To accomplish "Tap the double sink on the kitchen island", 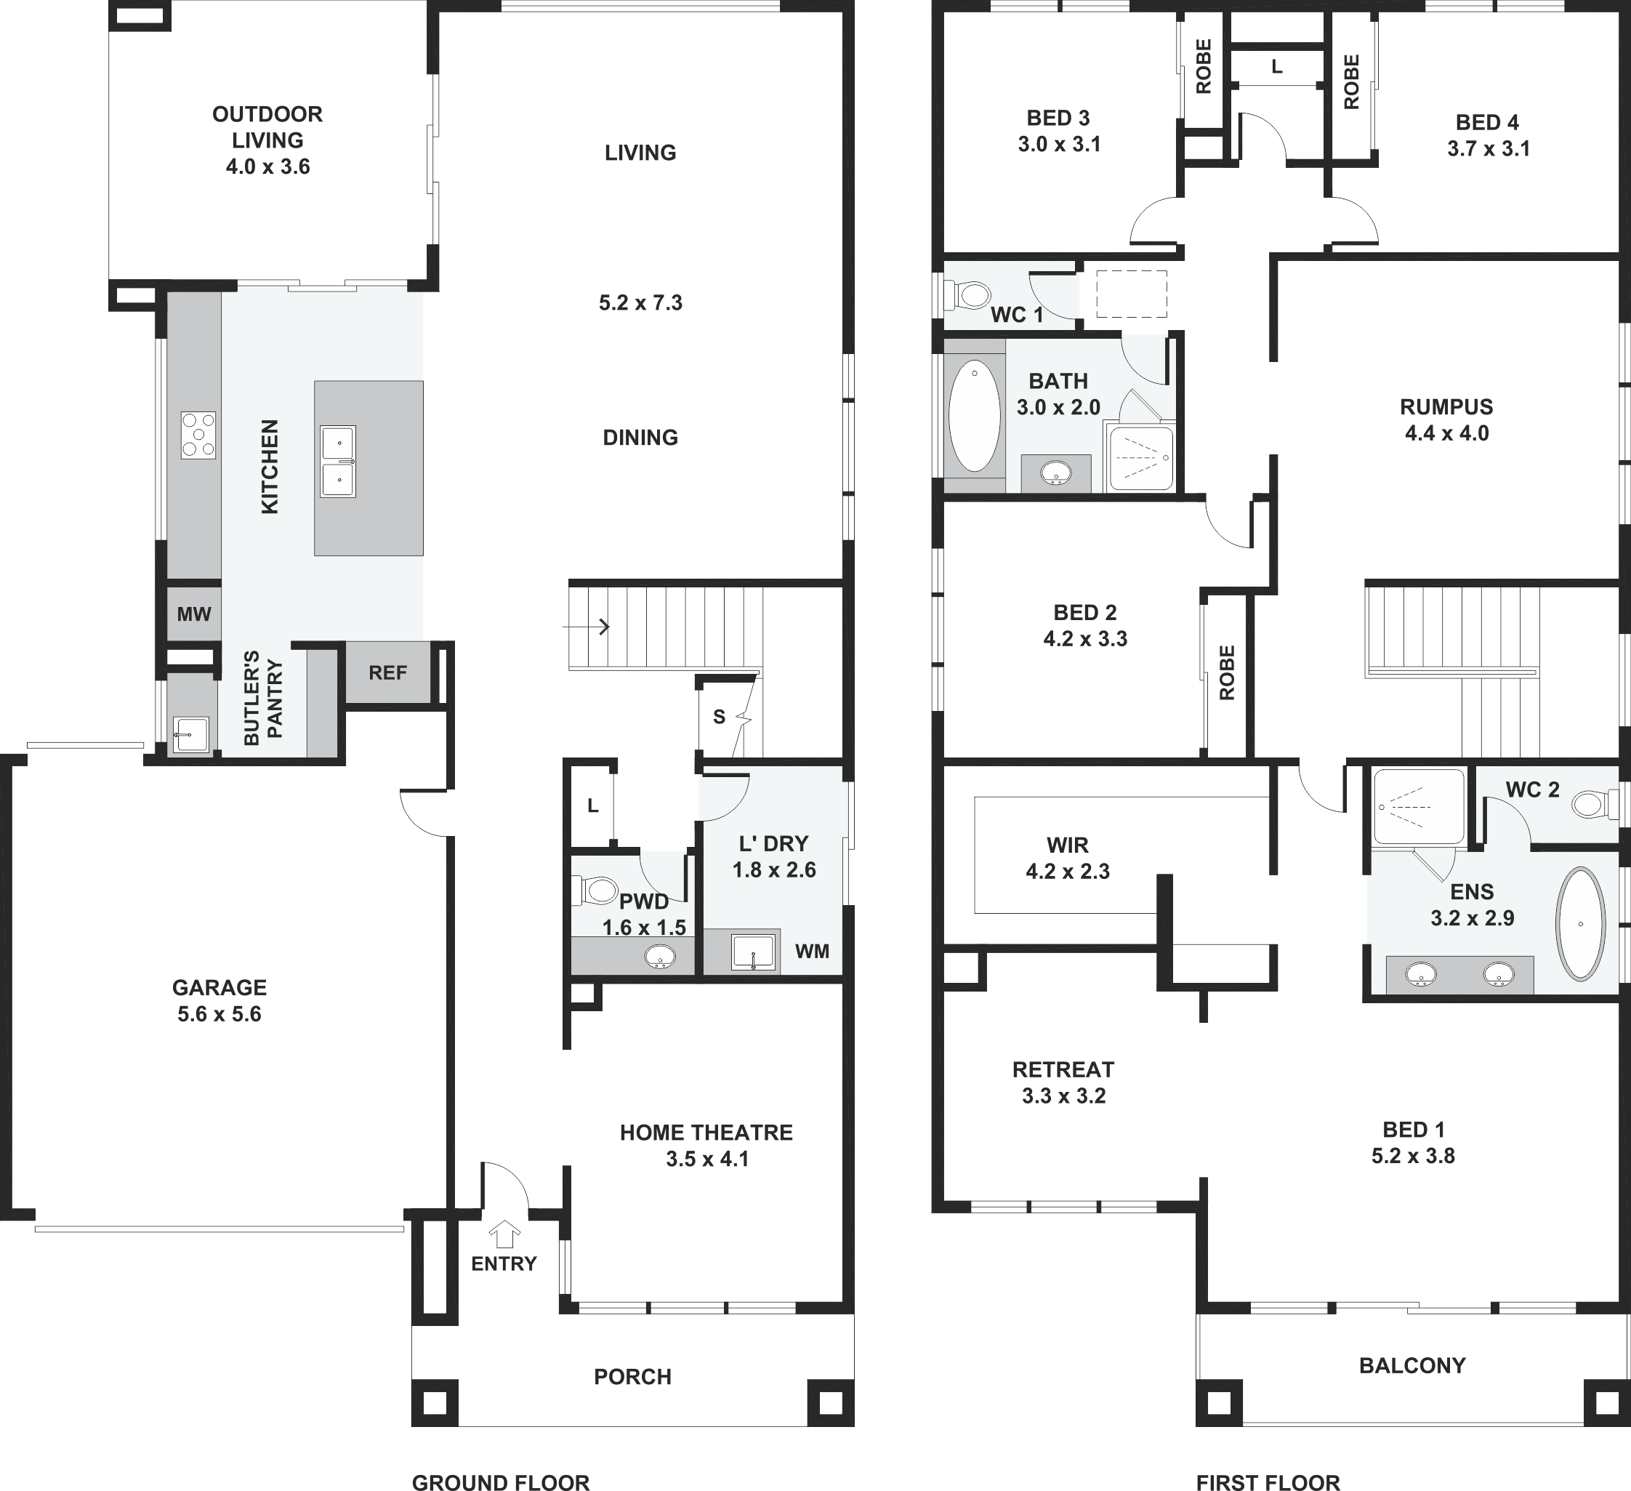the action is point(338,461).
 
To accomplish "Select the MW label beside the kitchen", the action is point(194,614).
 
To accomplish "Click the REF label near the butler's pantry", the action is point(387,672).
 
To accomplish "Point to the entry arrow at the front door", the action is point(505,1234).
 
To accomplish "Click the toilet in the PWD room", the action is point(595,891).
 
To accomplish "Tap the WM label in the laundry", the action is point(813,952).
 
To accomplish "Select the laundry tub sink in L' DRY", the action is point(752,952).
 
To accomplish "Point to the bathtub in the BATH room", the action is point(974,416).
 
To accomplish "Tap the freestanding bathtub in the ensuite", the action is point(1581,925).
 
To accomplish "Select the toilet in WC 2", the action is point(1595,804).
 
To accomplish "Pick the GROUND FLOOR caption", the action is point(501,1482).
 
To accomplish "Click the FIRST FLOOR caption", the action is point(1268,1482).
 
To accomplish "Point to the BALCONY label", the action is point(1412,1366).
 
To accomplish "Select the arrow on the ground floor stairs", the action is point(587,626).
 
